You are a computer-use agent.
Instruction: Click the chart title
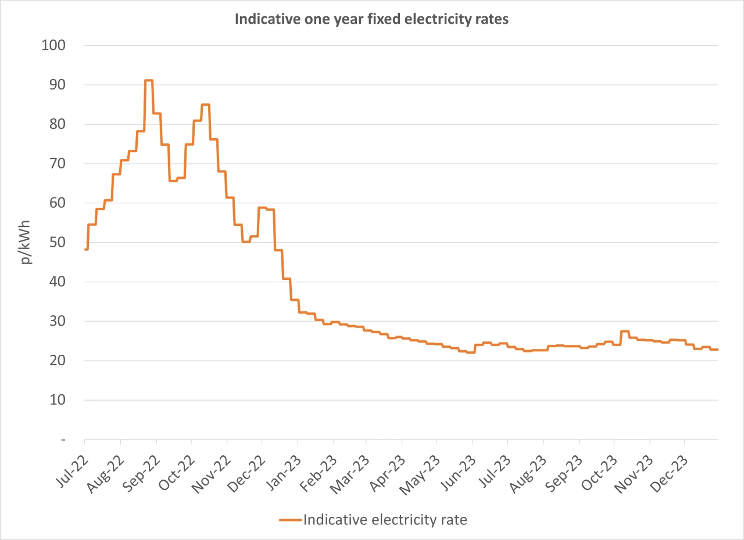click(x=371, y=19)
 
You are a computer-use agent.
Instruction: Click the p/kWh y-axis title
click(x=27, y=242)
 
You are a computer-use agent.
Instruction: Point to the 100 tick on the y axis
click(x=54, y=45)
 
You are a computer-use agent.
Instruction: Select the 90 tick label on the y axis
click(x=58, y=85)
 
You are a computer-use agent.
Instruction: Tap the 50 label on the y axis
click(x=58, y=243)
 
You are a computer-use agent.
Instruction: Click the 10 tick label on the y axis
click(x=58, y=400)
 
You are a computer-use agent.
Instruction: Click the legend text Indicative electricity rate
click(x=385, y=520)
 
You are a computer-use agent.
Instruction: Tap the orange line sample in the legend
click(x=290, y=520)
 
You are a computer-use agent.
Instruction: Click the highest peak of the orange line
click(x=149, y=81)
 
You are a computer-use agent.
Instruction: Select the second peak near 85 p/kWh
click(x=205, y=105)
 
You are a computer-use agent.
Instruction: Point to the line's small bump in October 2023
click(x=625, y=332)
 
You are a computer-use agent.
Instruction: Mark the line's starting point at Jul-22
click(x=85, y=249)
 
